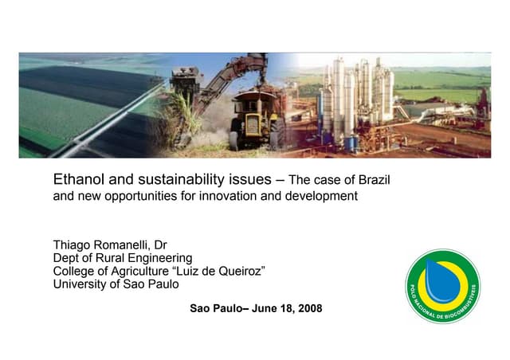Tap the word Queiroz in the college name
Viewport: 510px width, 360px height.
[x=239, y=272]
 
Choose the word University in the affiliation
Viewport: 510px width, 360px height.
[x=81, y=284]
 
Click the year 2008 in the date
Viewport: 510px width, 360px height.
[x=309, y=308]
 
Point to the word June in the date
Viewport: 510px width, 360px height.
[x=266, y=308]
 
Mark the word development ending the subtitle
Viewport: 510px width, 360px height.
[x=322, y=195]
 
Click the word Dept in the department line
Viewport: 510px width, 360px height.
[x=67, y=258]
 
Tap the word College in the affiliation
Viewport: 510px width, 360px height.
[x=76, y=272]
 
